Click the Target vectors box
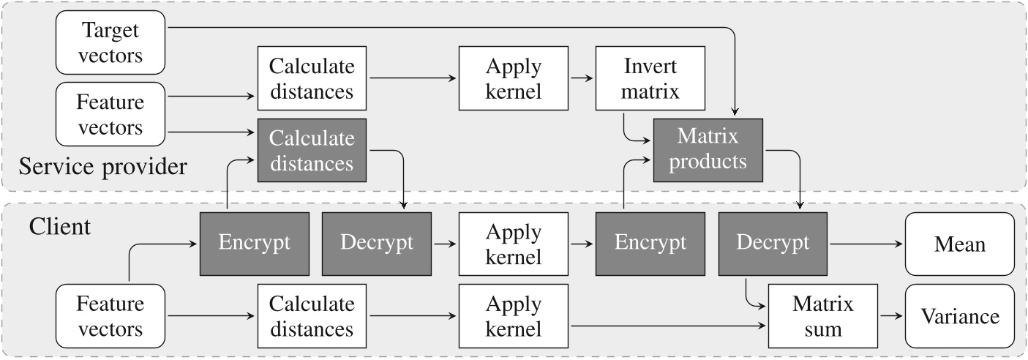point(110,42)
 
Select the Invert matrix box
point(650,79)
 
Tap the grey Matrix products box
point(708,149)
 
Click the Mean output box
point(959,244)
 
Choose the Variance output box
point(959,316)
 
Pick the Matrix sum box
point(823,316)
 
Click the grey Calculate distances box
point(312,150)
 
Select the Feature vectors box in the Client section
point(110,316)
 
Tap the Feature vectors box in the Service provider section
point(110,115)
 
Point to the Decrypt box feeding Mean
point(773,244)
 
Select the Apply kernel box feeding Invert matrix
point(513,79)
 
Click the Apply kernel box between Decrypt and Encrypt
point(513,244)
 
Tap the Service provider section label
point(103,167)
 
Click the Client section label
point(60,226)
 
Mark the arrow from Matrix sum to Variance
point(891,316)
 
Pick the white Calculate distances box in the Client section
point(312,316)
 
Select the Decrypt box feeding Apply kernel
point(376,244)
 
